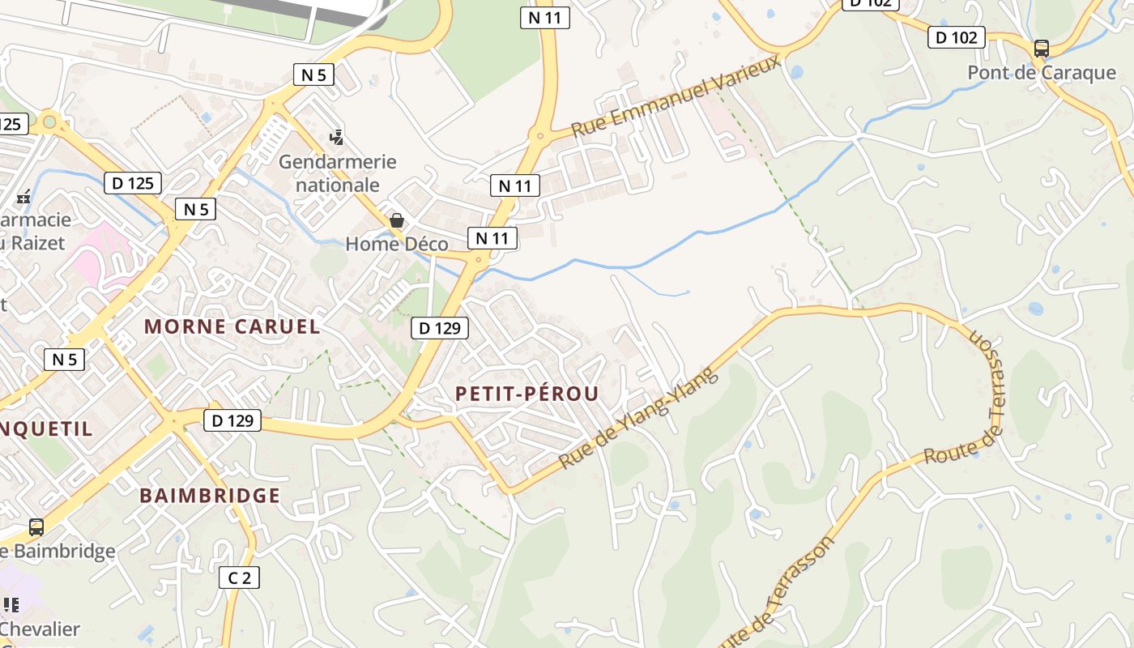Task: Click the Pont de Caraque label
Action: click(1042, 73)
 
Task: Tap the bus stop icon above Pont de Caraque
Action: click(1042, 49)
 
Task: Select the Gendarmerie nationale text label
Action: click(338, 173)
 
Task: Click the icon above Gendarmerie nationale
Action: click(336, 137)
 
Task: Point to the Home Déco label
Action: click(397, 244)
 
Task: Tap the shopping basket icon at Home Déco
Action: click(397, 220)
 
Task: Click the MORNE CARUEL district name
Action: click(232, 327)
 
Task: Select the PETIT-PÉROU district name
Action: click(527, 394)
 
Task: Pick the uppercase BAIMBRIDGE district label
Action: click(210, 496)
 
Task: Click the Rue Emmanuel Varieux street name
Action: click(676, 96)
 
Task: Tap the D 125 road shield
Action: click(133, 183)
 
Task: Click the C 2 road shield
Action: click(240, 578)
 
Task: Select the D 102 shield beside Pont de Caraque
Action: click(956, 37)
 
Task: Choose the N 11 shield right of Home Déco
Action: click(492, 238)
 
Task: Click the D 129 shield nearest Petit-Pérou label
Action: click(440, 328)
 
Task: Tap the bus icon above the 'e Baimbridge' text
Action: click(36, 527)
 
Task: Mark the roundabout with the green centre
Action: click(49, 122)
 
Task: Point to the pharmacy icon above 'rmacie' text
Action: click(23, 197)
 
